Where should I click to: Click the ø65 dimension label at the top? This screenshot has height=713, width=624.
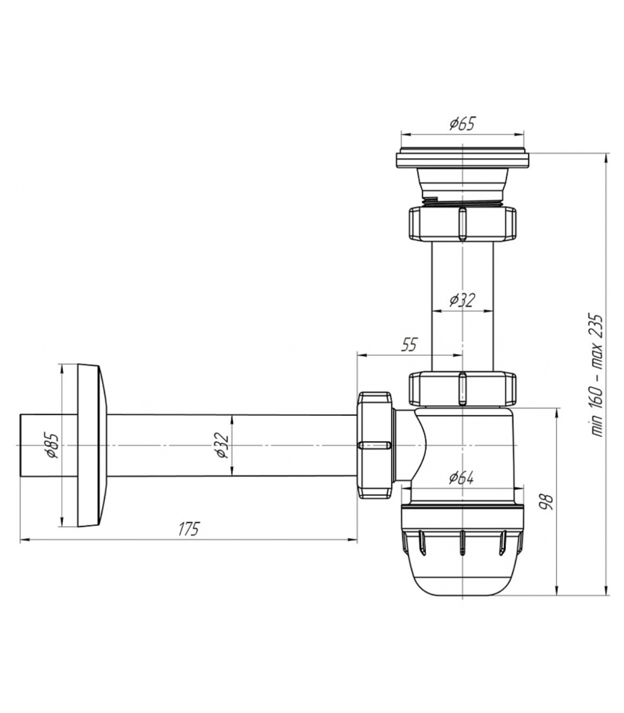coord(462,123)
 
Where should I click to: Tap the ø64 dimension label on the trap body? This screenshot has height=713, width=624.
coord(461,478)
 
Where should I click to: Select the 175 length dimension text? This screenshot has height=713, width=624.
coord(188,529)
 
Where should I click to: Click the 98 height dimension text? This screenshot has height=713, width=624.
coord(547,502)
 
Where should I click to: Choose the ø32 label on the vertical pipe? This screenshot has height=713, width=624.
coord(462,300)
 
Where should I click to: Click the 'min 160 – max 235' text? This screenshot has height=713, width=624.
coord(596,376)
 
